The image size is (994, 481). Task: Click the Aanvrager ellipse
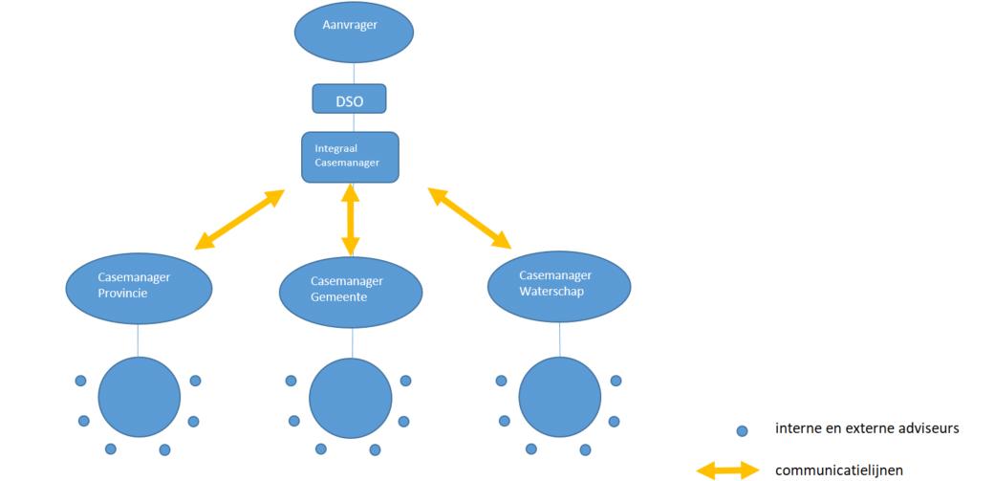click(x=354, y=32)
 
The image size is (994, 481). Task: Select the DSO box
click(x=350, y=98)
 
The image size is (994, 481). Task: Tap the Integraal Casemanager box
click(x=350, y=157)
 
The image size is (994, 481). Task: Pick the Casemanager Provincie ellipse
click(x=139, y=286)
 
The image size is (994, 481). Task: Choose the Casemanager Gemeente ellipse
click(x=351, y=290)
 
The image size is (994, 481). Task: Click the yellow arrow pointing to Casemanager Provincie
click(x=240, y=219)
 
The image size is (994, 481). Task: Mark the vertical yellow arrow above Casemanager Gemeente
click(x=351, y=219)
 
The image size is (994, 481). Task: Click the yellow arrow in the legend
click(x=727, y=470)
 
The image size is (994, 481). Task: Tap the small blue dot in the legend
click(x=741, y=431)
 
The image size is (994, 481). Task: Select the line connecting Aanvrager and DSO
click(x=354, y=74)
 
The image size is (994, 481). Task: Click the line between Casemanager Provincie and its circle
click(x=139, y=339)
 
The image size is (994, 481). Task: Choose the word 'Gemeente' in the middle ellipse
click(x=339, y=297)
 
